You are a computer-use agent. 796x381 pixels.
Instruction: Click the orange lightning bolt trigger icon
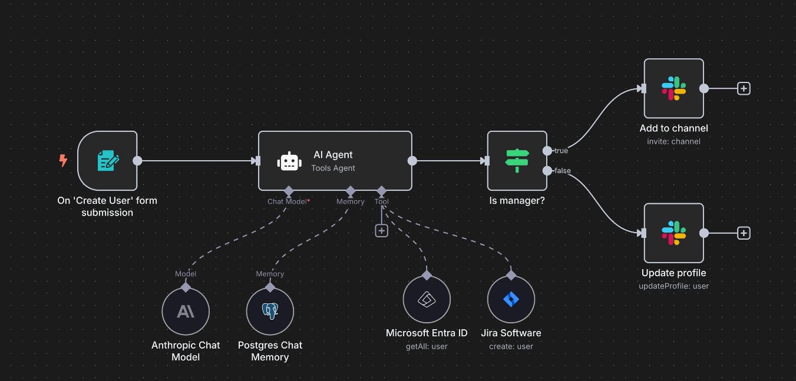[63, 160]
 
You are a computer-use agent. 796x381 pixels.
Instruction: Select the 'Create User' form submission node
[108, 161]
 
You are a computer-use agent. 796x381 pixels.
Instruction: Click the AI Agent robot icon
[290, 161]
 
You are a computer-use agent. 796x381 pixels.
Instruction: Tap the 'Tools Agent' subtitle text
[333, 168]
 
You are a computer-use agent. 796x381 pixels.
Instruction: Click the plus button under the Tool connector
[382, 231]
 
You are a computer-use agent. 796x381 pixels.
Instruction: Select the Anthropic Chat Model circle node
[186, 312]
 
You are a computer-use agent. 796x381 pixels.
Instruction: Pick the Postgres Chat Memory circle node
[270, 312]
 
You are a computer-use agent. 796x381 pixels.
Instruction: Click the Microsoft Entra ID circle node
[427, 299]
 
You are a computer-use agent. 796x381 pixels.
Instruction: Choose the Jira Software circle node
[511, 299]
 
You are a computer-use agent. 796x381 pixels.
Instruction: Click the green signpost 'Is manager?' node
[517, 161]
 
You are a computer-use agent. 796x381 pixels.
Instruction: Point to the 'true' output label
[561, 151]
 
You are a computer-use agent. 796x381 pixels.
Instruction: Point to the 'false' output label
[562, 171]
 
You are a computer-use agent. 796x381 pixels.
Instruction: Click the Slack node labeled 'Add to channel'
[673, 88]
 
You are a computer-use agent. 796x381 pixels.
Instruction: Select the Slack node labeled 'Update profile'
[673, 233]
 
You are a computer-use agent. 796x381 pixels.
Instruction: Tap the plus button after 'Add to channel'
[744, 88]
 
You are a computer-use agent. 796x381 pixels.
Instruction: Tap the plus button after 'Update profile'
[744, 233]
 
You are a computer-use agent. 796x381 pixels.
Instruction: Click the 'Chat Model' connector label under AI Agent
[287, 201]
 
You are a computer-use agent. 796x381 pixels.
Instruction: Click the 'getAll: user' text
[427, 346]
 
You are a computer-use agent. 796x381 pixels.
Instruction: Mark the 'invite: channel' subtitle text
[673, 141]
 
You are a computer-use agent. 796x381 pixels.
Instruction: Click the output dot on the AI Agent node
[412, 161]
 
